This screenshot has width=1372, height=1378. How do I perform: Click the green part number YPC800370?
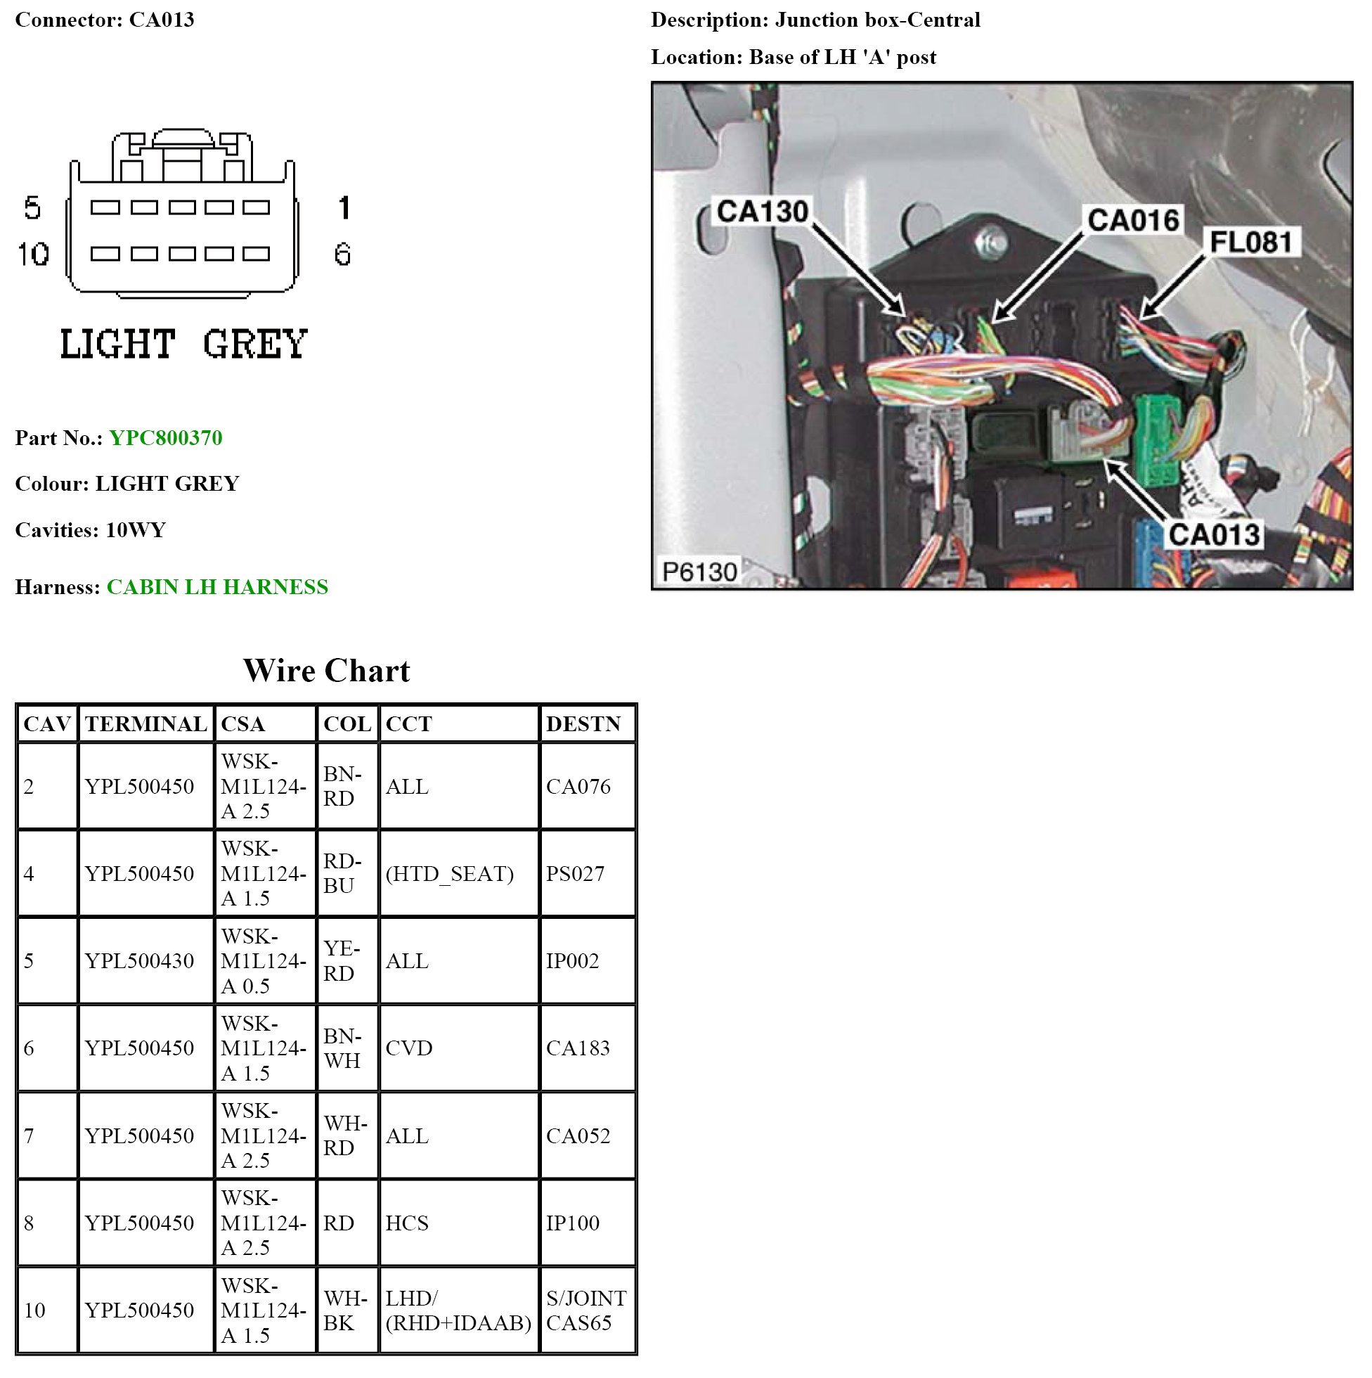click(165, 437)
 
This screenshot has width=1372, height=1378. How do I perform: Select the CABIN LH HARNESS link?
click(216, 586)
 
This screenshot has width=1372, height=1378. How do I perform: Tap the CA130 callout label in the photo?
click(762, 212)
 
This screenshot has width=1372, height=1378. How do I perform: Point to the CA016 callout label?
click(1132, 219)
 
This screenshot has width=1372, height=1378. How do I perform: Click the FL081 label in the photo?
click(1251, 243)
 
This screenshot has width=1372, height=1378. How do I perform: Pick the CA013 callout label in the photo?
click(1214, 534)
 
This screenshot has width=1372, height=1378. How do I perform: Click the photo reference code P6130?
click(699, 572)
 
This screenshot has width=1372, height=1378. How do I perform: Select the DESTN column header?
click(583, 724)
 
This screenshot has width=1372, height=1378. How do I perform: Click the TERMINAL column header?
click(145, 724)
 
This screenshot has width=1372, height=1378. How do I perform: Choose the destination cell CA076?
click(578, 786)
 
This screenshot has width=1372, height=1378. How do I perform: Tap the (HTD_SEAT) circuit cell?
click(449, 874)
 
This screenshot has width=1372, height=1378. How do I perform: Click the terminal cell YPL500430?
click(139, 961)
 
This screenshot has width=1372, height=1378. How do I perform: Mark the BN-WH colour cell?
click(342, 1048)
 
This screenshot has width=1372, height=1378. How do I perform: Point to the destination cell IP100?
click(573, 1223)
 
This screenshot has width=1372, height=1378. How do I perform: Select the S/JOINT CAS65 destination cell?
click(586, 1311)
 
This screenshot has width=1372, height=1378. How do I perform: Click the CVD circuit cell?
click(409, 1048)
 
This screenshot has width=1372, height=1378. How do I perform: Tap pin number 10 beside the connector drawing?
click(33, 254)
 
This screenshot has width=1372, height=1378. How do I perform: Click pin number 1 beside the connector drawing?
click(344, 207)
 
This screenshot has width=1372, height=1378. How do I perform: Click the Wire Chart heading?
click(327, 671)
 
